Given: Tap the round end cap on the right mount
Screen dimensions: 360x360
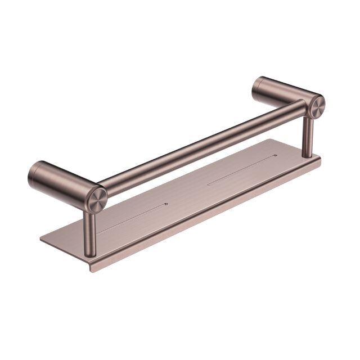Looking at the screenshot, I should coord(316,107).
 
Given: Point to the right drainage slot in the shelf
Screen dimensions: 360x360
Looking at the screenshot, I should coord(242,169).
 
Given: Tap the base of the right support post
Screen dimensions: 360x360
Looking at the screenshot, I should coord(308,155).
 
